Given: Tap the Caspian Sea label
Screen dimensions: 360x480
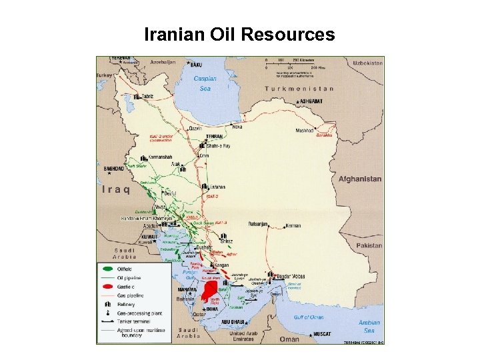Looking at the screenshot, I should coord(206,83).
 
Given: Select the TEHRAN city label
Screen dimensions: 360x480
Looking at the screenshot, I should coord(215,136).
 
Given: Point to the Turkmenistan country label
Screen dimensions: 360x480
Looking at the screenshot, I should coord(299,88).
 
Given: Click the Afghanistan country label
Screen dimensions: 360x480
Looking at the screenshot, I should coord(360,179).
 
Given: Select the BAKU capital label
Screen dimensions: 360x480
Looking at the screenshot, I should coord(195,65).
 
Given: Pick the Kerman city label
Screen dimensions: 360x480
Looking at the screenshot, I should coord(293,225).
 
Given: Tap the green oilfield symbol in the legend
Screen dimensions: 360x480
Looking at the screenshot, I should coord(107,269).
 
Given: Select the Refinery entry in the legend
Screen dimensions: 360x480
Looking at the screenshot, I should coord(126,304).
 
